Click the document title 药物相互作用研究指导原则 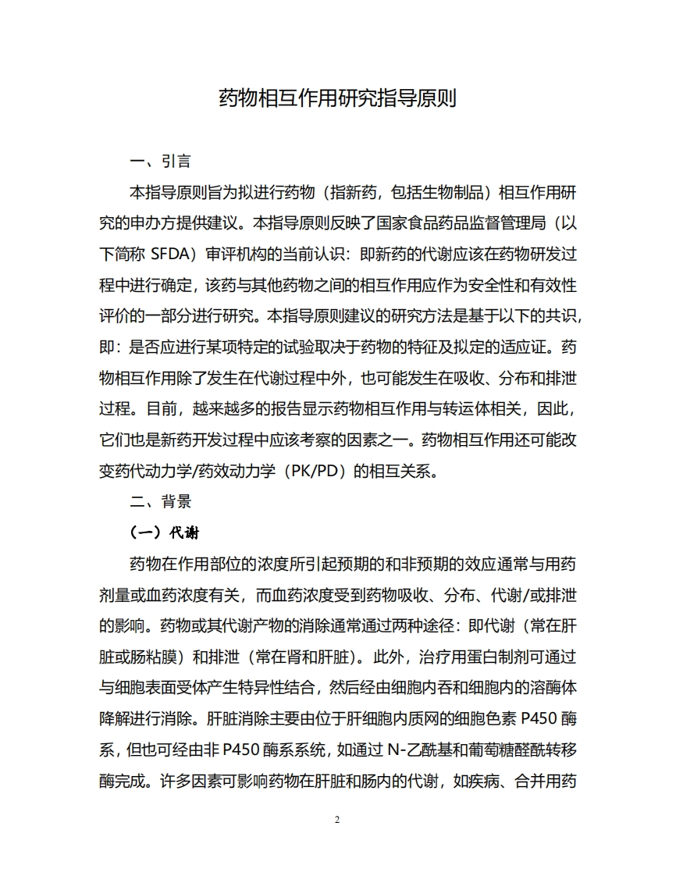click(x=337, y=98)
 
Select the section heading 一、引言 click(x=160, y=162)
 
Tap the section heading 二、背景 click(x=160, y=501)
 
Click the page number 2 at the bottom click(x=337, y=820)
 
